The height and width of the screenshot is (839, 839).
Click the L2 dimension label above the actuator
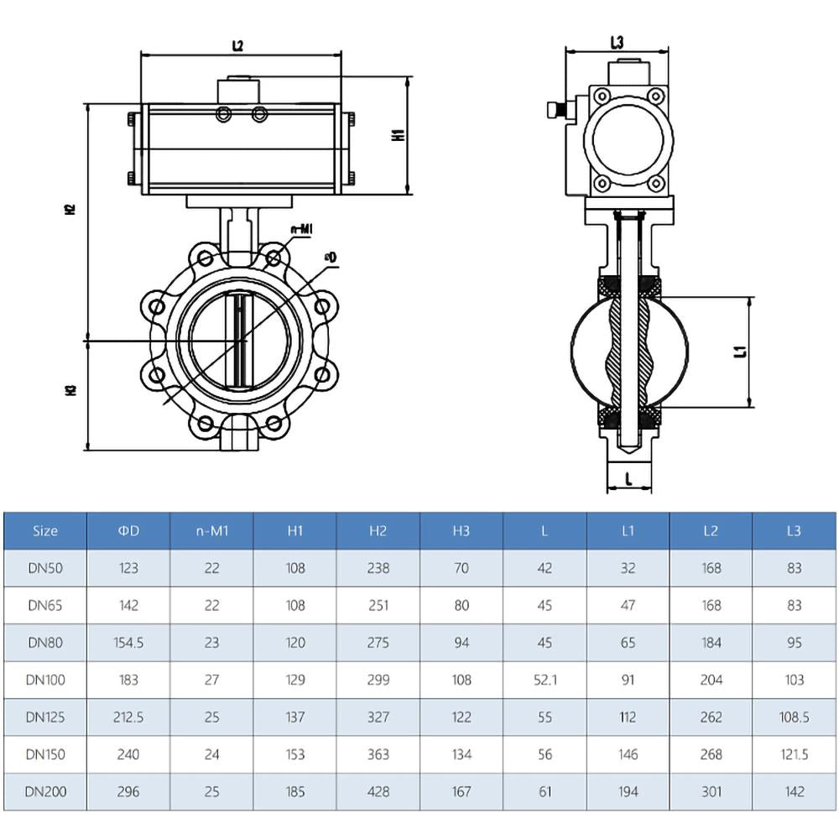(237, 46)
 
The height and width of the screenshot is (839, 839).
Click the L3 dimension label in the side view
(617, 43)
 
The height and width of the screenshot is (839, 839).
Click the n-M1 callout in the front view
(301, 228)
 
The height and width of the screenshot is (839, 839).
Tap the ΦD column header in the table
(128, 531)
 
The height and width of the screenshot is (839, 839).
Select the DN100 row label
(45, 680)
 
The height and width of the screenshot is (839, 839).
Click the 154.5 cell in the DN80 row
(128, 643)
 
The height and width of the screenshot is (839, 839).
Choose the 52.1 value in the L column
(545, 680)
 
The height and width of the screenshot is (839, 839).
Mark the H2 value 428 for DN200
(378, 791)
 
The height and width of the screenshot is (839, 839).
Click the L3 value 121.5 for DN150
(794, 754)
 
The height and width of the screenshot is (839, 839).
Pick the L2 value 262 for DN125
(711, 717)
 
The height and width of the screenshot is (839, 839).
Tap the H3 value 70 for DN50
(461, 568)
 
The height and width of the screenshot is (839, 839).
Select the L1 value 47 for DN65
(628, 605)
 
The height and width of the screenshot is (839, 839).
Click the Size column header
(45, 531)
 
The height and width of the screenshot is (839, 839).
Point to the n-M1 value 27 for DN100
(211, 680)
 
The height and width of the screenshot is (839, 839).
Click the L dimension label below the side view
(628, 478)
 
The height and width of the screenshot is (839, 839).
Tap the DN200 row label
(45, 791)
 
